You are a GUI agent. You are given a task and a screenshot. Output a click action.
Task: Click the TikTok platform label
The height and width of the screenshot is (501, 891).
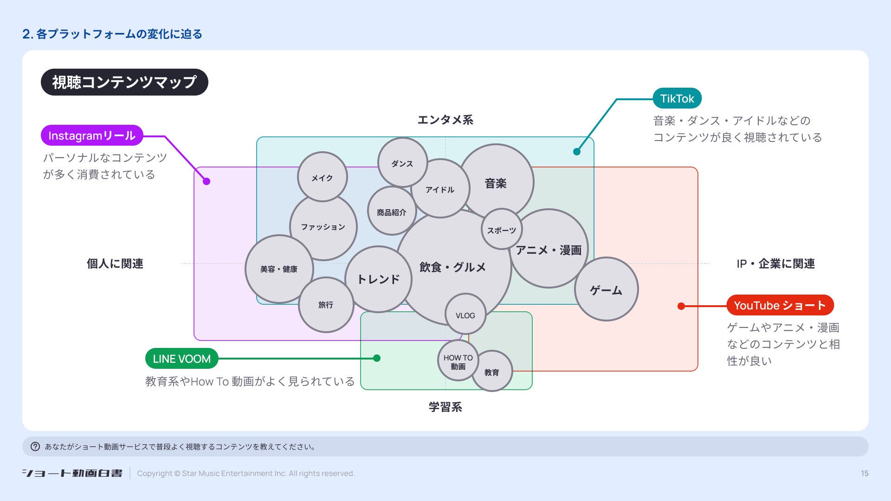[x=677, y=98]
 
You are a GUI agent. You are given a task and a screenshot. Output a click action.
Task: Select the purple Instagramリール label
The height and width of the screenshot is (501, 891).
[x=92, y=135]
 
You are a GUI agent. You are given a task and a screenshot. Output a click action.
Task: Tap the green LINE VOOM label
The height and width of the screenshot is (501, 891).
[x=181, y=359]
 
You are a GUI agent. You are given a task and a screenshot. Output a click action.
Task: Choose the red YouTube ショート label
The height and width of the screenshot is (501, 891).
[x=780, y=305]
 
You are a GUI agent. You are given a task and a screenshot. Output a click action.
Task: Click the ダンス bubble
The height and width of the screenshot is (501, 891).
[x=402, y=163]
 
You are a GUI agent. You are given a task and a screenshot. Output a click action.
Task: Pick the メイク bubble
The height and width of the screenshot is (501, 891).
[x=322, y=177]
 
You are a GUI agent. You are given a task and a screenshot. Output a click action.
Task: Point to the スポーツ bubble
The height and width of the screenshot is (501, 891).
[x=502, y=230]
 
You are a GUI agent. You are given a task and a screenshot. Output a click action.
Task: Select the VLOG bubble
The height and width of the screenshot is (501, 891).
[x=465, y=315]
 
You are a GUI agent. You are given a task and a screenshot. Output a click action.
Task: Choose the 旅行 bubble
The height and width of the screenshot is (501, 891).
[x=326, y=305]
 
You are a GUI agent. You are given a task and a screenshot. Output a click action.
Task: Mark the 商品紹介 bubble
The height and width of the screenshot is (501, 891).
[x=391, y=212]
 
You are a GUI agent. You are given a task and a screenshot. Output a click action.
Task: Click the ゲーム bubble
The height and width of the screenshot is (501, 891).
[x=606, y=289]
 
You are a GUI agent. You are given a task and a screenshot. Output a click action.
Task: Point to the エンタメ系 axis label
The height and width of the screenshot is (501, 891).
[x=445, y=120]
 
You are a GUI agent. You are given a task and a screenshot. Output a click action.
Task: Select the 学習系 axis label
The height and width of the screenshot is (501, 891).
[x=445, y=407]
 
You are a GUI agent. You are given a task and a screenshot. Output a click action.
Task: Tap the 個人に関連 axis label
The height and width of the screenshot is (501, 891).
[x=115, y=263]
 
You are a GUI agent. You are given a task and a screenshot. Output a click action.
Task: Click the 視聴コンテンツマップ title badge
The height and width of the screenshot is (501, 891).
[x=124, y=82]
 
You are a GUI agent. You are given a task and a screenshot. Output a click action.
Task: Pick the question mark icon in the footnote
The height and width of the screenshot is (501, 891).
[x=35, y=446]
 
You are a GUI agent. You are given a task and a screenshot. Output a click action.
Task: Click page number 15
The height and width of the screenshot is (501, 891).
[x=865, y=473]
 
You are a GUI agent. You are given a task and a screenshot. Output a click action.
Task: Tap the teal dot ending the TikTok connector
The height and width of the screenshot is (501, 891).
[x=577, y=151]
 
